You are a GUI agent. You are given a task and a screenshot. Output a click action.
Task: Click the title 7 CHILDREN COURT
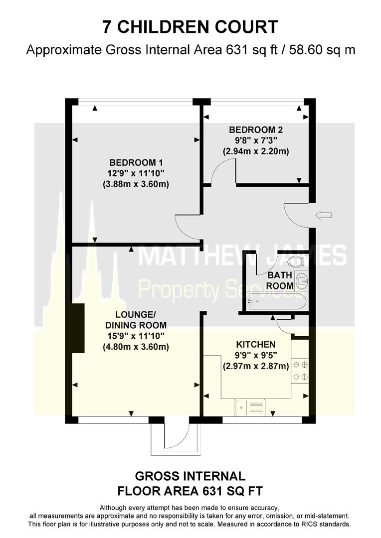(190, 27)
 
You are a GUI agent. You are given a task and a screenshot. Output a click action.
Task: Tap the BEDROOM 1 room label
(136, 162)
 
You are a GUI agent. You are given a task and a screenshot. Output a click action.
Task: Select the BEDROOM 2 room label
(256, 130)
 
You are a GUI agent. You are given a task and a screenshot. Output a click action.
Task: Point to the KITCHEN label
(256, 345)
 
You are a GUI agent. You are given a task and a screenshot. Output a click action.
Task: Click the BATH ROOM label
(280, 280)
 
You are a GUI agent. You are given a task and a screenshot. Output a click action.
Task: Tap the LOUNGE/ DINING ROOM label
(136, 320)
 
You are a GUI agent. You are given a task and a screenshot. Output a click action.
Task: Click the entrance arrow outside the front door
(323, 216)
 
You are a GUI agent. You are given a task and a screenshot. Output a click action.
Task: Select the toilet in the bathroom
(296, 262)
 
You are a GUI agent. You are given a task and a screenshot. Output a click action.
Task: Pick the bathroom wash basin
(301, 280)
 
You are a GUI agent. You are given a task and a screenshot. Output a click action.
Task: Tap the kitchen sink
(249, 407)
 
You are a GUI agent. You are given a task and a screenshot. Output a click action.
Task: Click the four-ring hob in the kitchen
(300, 371)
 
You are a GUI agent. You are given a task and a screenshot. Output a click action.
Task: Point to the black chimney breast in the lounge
(78, 328)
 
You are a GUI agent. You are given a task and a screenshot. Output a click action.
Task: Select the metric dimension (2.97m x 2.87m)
(256, 366)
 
